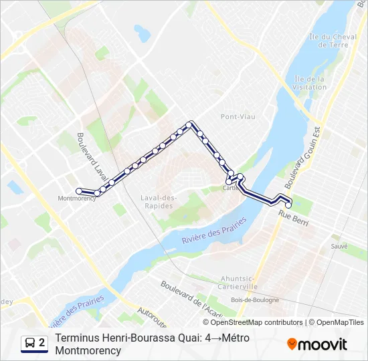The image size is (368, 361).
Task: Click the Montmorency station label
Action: click(78, 199)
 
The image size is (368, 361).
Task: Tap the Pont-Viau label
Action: click(238, 116)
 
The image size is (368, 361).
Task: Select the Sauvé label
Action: click(339, 246)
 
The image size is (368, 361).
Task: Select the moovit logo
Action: click(317, 344)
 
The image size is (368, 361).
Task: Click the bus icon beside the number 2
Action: click(30, 344)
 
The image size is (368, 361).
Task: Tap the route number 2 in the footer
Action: click(42, 343)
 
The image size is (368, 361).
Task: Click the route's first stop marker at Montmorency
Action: click(80, 191)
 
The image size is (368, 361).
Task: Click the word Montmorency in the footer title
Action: click(88, 350)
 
